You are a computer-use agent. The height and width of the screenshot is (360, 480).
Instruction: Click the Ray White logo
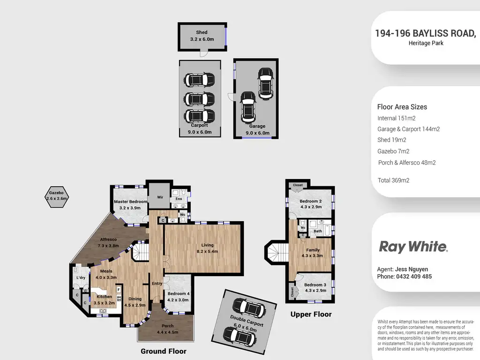point(413,247)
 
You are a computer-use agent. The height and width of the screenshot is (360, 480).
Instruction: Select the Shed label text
point(202,32)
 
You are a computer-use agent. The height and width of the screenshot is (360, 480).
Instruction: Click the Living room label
point(207,245)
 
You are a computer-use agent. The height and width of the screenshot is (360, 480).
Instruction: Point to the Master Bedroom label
point(131,202)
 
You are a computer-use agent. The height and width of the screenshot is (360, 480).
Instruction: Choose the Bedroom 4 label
point(178,294)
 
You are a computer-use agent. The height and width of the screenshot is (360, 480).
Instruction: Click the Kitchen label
point(104,297)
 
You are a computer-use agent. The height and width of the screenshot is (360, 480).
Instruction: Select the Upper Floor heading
point(311,314)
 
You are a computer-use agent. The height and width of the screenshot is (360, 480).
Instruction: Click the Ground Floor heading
point(164,351)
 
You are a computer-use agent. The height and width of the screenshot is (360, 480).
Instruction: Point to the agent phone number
point(405,277)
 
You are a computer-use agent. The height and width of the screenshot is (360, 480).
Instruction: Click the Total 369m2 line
point(393,180)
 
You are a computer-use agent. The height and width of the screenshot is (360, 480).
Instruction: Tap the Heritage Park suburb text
point(426,43)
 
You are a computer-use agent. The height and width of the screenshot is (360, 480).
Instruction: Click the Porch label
point(167,326)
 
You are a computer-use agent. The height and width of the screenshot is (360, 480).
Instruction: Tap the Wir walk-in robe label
point(159,198)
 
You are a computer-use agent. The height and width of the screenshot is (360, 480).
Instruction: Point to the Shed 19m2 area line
point(391,140)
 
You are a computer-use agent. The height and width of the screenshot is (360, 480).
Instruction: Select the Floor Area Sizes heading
point(402,107)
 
